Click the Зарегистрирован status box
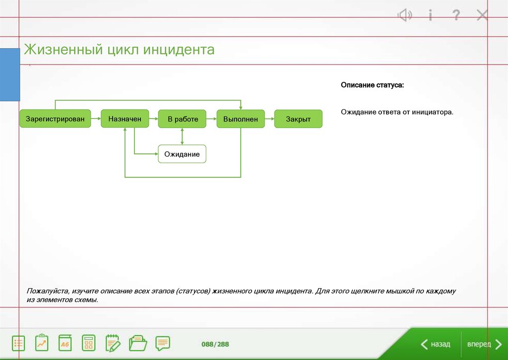(x=55, y=119)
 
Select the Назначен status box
(x=125, y=119)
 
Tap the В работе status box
(x=183, y=119)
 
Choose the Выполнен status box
(x=240, y=119)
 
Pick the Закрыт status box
(x=298, y=119)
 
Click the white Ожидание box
(x=182, y=154)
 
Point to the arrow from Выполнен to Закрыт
(x=269, y=119)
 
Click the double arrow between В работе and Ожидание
(x=183, y=136)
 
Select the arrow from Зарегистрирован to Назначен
(x=96, y=119)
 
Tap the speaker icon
(x=405, y=15)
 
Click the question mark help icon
(x=456, y=15)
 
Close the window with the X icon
(x=482, y=15)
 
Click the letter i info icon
(x=430, y=15)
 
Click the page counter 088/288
(x=215, y=344)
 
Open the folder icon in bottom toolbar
(x=138, y=343)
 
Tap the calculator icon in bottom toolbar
(x=89, y=343)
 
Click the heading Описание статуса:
(x=372, y=85)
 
